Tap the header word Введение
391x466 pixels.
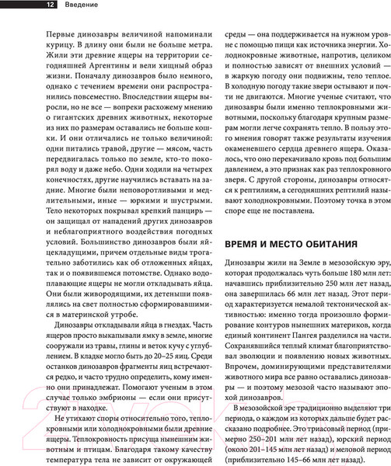click(x=63, y=6)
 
